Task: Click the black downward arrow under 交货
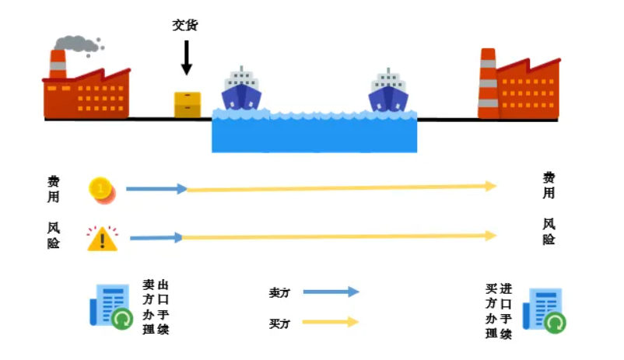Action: (x=186, y=58)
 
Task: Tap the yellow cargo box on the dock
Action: (x=187, y=104)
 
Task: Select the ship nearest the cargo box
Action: (x=241, y=91)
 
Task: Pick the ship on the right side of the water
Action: (x=388, y=91)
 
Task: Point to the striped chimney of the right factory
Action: (x=488, y=82)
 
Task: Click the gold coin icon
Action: (x=101, y=189)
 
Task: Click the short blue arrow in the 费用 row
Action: (x=156, y=189)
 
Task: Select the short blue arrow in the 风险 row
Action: (x=156, y=237)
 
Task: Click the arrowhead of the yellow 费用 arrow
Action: (x=491, y=186)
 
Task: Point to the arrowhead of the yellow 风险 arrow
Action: (x=491, y=235)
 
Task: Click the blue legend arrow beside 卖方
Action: (x=331, y=292)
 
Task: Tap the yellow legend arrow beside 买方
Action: (x=331, y=322)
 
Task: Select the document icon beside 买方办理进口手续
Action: (x=545, y=309)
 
